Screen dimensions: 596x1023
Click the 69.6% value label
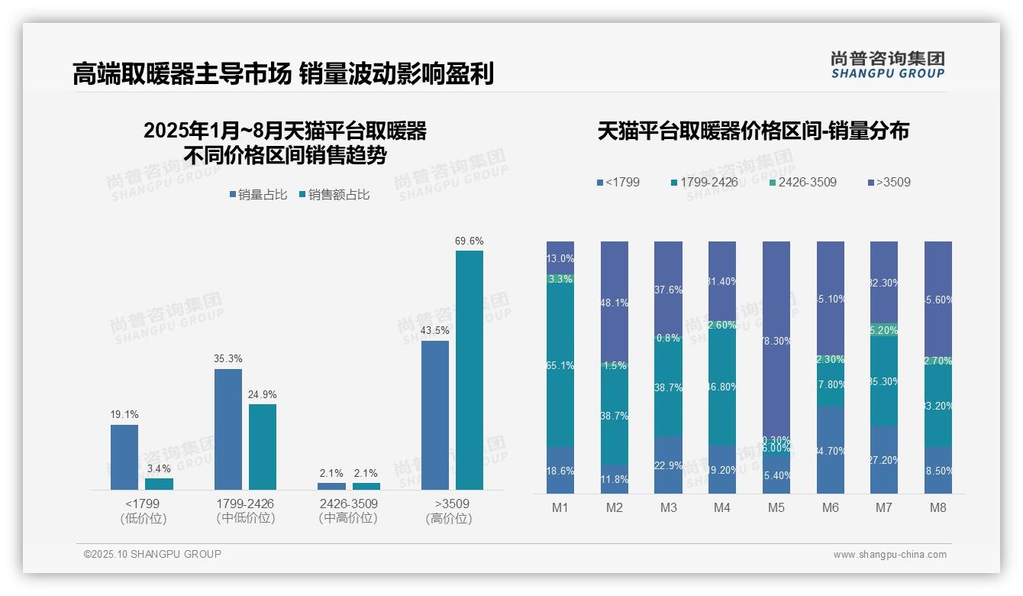(470, 241)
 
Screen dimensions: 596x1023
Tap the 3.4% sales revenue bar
(159, 484)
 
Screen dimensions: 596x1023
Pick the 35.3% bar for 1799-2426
(228, 429)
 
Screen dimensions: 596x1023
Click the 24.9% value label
(263, 394)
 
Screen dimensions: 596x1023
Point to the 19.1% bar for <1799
(124, 457)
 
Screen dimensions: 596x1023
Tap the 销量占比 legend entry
(257, 195)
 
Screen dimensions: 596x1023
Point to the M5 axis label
(776, 507)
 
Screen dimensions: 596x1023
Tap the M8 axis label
(938, 507)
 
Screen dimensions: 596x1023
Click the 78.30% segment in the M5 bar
(776, 341)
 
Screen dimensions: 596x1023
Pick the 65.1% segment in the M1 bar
(560, 365)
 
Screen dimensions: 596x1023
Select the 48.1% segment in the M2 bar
(615, 303)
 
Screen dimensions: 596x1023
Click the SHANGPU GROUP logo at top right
(887, 65)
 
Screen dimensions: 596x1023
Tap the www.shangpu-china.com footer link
(889, 555)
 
